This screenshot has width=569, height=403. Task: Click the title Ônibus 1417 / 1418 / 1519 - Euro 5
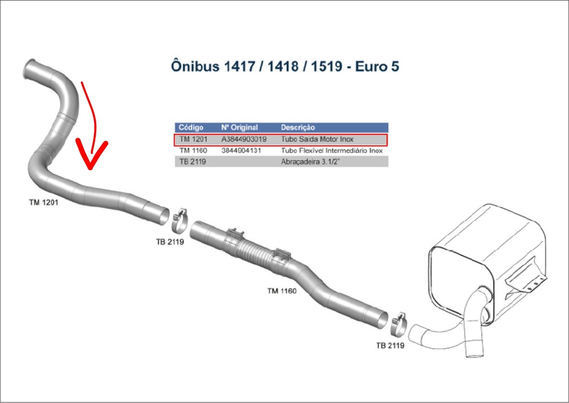coord(285,66)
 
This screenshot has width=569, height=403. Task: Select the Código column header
coord(191,127)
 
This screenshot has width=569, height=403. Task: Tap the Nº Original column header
coord(239,127)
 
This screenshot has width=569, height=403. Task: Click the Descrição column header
coord(298,127)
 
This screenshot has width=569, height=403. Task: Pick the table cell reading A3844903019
coord(244,139)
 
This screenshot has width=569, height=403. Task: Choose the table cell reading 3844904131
coord(241,150)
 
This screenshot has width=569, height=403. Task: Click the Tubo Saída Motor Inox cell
coord(317,139)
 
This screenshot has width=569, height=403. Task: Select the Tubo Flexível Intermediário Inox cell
coord(332,150)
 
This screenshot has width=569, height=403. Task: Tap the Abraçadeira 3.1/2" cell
coord(311,162)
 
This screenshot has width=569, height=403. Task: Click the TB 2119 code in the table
coord(192,162)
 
